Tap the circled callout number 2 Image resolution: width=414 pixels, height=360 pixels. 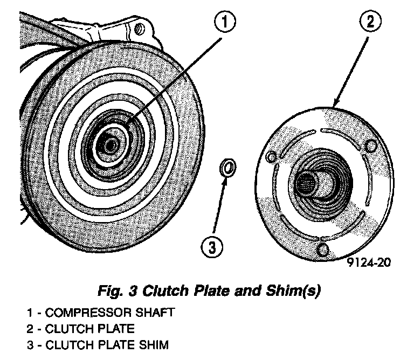[371, 23]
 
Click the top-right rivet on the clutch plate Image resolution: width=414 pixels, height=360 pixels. [370, 146]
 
